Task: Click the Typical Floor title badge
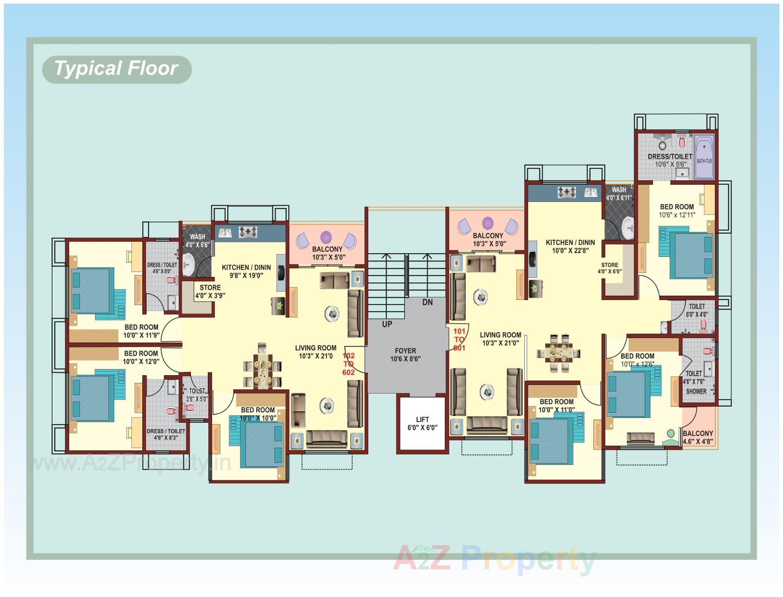(x=117, y=69)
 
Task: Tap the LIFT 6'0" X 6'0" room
(x=422, y=423)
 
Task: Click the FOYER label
(x=405, y=351)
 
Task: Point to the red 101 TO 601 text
(x=459, y=339)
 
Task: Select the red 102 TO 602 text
(x=348, y=364)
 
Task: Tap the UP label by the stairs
(x=387, y=324)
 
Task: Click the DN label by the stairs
(x=427, y=302)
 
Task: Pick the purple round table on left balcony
(x=326, y=237)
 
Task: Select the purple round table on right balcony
(x=488, y=223)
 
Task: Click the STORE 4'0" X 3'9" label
(x=210, y=291)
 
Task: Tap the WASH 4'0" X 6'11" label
(x=619, y=194)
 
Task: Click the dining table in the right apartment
(x=559, y=353)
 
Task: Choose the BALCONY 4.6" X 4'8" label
(x=698, y=437)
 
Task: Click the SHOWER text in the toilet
(x=696, y=391)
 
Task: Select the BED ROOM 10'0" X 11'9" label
(x=141, y=331)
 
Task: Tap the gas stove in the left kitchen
(x=248, y=232)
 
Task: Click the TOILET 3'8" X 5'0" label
(x=197, y=395)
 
